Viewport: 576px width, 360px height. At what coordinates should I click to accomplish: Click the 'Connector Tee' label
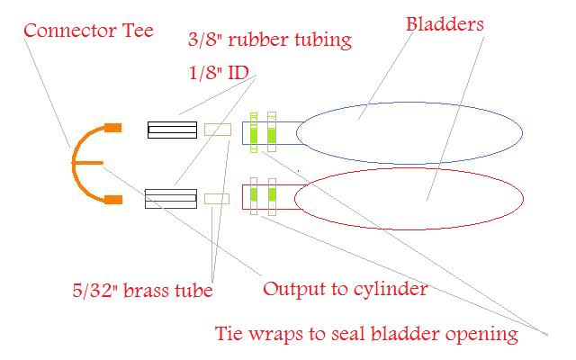click(88, 30)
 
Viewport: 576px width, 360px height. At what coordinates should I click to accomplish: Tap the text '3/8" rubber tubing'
click(269, 40)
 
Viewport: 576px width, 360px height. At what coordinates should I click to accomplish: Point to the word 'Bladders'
click(445, 23)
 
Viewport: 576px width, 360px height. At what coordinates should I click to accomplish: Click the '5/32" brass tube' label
click(142, 291)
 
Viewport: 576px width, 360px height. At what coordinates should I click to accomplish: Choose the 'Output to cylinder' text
click(344, 290)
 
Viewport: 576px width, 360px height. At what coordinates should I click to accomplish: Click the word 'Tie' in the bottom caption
click(230, 334)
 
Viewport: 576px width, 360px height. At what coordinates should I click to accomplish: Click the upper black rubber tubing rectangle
click(172, 130)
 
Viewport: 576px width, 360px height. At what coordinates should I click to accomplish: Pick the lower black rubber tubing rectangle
click(172, 197)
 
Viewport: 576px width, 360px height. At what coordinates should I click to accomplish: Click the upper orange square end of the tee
click(112, 128)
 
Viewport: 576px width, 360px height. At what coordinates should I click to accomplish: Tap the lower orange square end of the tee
click(112, 198)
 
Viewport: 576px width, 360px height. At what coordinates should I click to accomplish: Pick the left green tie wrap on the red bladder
click(255, 195)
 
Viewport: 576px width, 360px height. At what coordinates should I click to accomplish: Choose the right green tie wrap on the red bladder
click(271, 195)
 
